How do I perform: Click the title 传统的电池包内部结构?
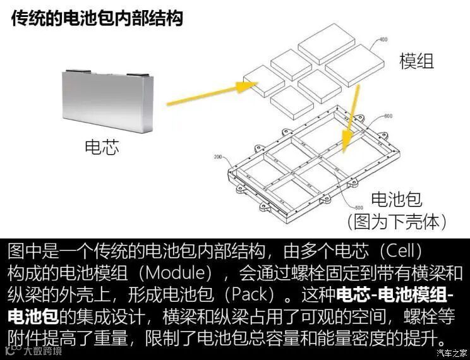[x=97, y=18]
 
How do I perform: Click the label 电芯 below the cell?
[x=102, y=148]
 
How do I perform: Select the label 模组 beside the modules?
[x=416, y=61]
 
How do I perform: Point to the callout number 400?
[x=382, y=39]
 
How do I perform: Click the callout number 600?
[x=387, y=116]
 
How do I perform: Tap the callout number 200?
[x=219, y=157]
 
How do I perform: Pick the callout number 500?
[x=359, y=208]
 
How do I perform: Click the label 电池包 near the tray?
[x=396, y=200]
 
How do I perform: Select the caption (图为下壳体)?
[x=397, y=221]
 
